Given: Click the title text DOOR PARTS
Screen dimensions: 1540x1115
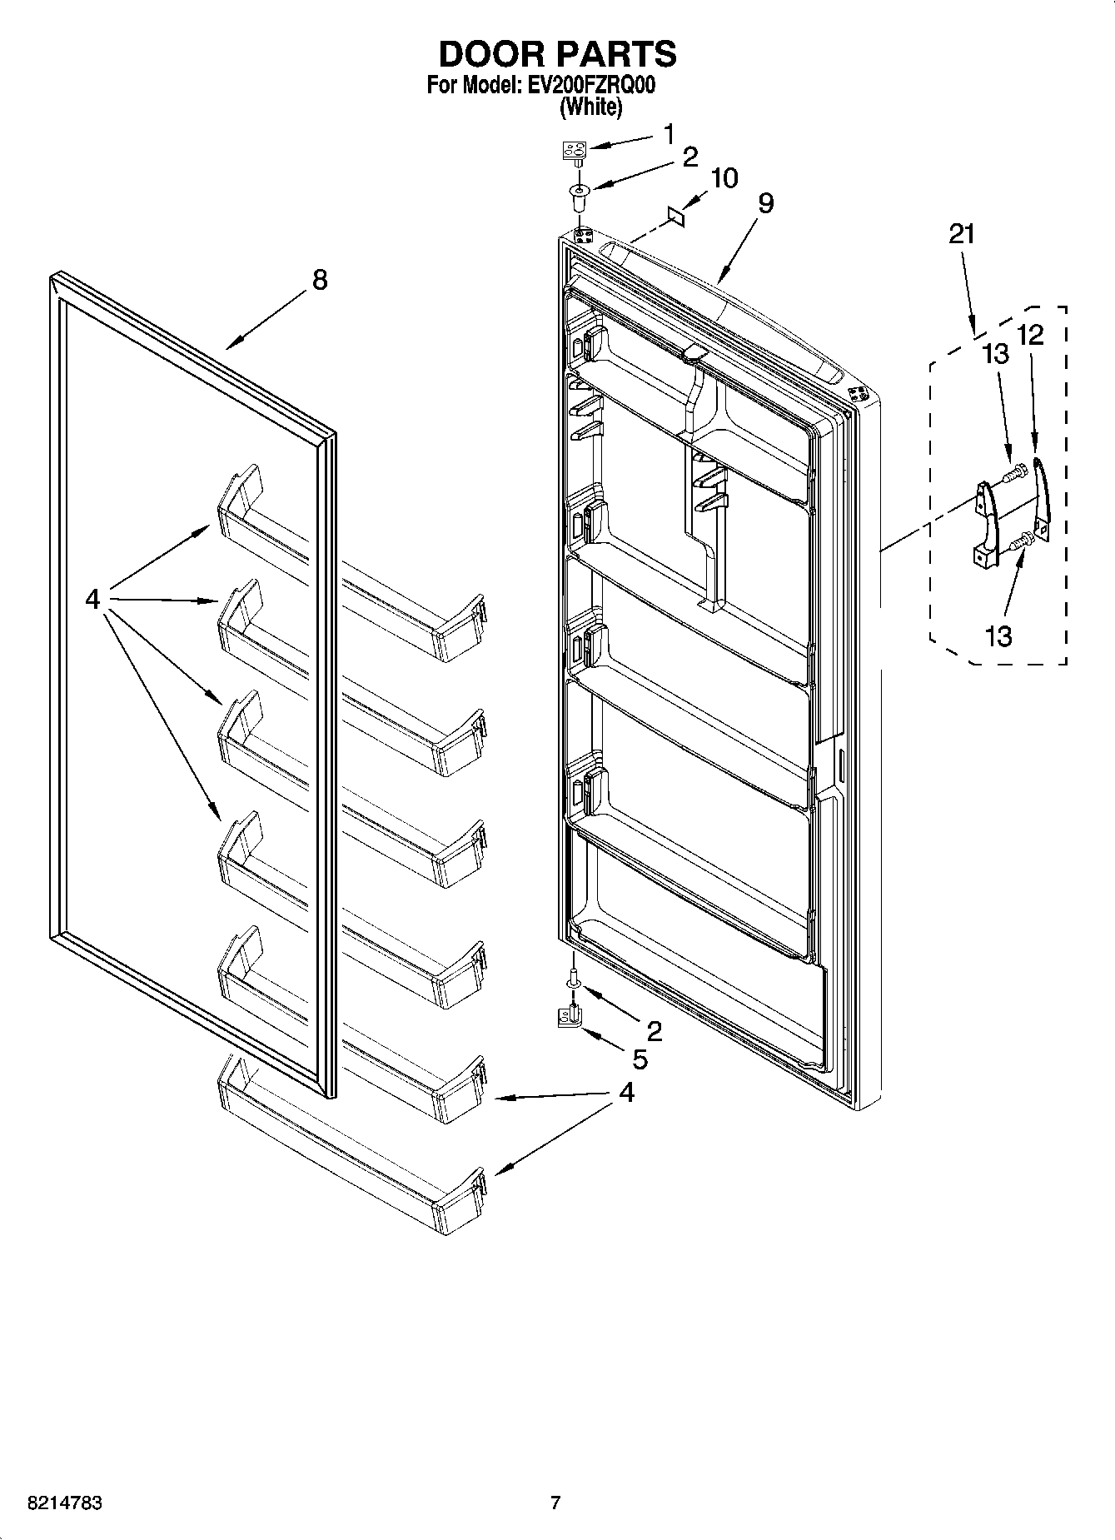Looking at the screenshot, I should [557, 54].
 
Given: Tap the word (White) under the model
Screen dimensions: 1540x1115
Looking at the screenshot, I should [590, 107].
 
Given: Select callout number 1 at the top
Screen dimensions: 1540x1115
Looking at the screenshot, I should [669, 133].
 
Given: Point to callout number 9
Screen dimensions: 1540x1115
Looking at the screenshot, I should [766, 203].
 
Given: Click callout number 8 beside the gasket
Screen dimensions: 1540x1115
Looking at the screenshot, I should [320, 280].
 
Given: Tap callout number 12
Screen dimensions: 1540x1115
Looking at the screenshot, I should [1030, 335].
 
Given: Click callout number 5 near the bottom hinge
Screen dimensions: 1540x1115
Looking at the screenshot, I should [640, 1059].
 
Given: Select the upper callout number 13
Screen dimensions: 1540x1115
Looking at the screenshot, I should [996, 354].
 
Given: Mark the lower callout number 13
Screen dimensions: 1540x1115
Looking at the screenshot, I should [998, 636].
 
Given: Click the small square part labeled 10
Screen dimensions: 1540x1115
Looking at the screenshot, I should [678, 216].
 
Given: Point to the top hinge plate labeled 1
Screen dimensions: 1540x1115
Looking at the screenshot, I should [574, 150].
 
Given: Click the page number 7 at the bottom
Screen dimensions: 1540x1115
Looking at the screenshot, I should [555, 1503].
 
